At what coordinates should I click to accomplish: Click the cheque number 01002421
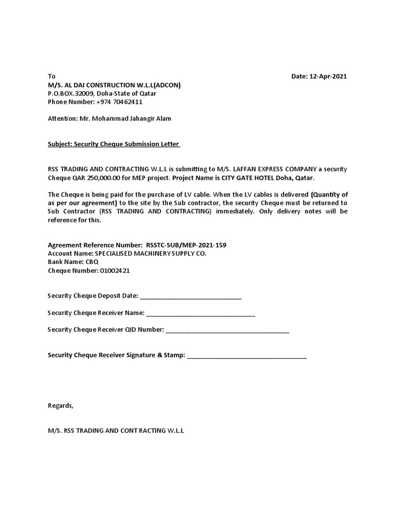(116, 271)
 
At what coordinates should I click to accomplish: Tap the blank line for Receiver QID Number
(227, 331)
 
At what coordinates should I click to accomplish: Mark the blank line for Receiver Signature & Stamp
(246, 356)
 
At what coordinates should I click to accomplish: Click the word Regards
(60, 405)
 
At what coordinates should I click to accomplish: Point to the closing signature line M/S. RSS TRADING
(115, 430)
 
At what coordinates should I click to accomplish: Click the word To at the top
(51, 76)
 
